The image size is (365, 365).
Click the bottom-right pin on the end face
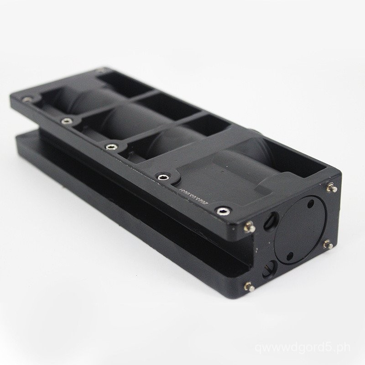tap(327, 245)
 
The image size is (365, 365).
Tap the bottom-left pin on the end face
tap(249, 286)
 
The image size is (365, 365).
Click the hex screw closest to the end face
tap(222, 210)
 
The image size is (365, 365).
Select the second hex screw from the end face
tap(162, 176)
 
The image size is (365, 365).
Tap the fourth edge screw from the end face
tap(67, 121)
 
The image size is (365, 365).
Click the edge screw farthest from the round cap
tap(28, 99)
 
